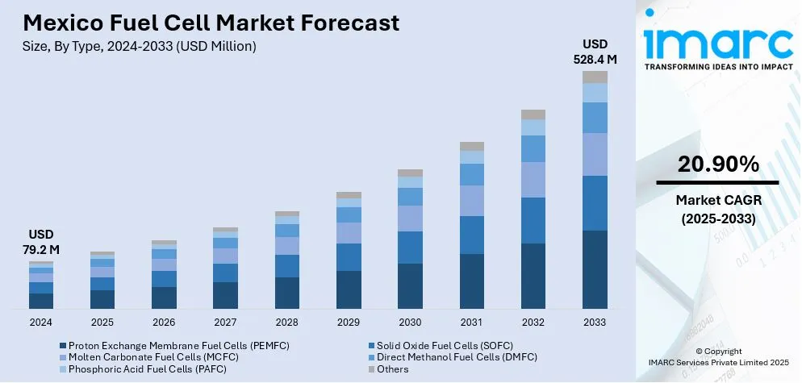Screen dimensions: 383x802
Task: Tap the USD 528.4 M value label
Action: point(595,51)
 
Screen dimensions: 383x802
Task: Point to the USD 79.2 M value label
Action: point(41,243)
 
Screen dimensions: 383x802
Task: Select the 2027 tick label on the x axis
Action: point(225,322)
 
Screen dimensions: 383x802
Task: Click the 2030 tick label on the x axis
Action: point(410,322)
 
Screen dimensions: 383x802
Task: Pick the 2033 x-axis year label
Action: point(595,322)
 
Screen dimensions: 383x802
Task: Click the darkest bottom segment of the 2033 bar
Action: point(595,269)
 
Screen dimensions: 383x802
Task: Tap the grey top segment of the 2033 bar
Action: point(595,77)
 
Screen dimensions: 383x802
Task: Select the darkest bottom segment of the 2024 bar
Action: point(41,301)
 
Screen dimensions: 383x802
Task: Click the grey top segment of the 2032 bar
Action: point(533,114)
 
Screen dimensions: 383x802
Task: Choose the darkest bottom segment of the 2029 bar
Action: point(349,289)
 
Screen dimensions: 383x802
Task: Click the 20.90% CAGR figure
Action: point(718,164)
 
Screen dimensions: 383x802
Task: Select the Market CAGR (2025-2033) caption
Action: point(718,208)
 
